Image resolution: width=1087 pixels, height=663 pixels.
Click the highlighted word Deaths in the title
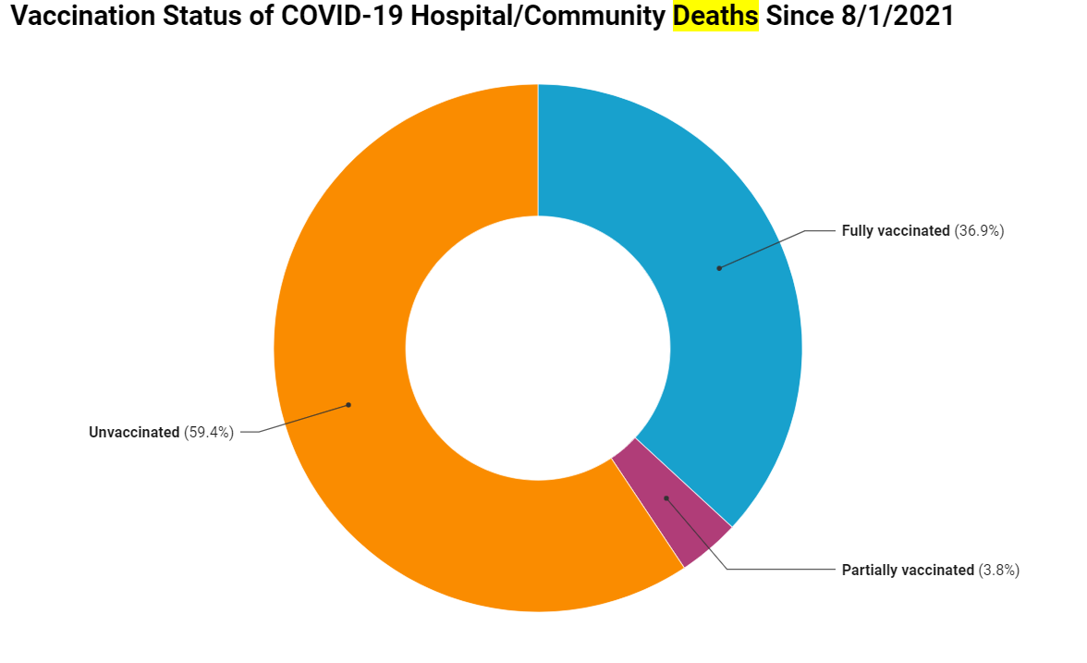click(714, 18)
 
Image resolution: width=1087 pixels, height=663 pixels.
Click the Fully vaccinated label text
click(895, 231)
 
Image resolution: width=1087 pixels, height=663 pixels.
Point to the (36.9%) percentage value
click(979, 231)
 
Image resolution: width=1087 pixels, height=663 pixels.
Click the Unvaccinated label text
click(134, 432)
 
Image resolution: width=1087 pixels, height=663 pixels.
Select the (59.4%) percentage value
click(209, 432)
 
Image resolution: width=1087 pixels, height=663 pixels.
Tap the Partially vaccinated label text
click(908, 571)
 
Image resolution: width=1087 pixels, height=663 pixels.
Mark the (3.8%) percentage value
click(999, 571)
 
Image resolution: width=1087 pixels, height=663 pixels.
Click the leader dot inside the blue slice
click(719, 268)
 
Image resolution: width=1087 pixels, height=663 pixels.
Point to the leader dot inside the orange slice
click(348, 404)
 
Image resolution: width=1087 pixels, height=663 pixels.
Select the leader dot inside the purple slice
click(666, 497)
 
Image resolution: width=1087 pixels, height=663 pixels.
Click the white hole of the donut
click(538, 349)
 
